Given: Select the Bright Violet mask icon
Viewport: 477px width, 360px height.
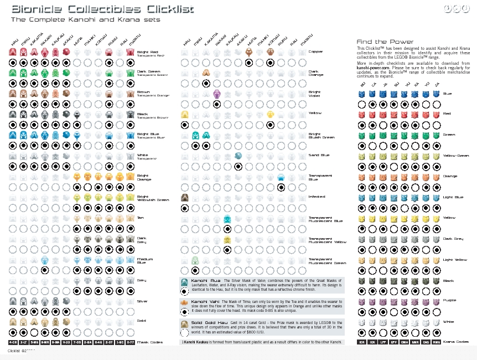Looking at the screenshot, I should click(x=216, y=92).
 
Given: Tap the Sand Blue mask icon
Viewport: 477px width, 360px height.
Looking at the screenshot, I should click(x=238, y=156).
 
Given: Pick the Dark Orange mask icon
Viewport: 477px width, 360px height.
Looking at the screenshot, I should click(x=206, y=72).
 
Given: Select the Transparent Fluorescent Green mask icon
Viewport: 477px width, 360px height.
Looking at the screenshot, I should click(x=195, y=260).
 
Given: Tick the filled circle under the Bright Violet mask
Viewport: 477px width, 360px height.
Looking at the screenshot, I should click(x=216, y=104).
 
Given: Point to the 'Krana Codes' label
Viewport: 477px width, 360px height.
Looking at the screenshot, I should click(x=457, y=342).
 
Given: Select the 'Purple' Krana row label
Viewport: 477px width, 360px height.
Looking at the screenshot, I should click(x=449, y=301).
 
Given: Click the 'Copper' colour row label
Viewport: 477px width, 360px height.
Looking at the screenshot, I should click(x=315, y=52).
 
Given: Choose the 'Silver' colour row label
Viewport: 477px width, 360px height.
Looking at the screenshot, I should click(x=143, y=301).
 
